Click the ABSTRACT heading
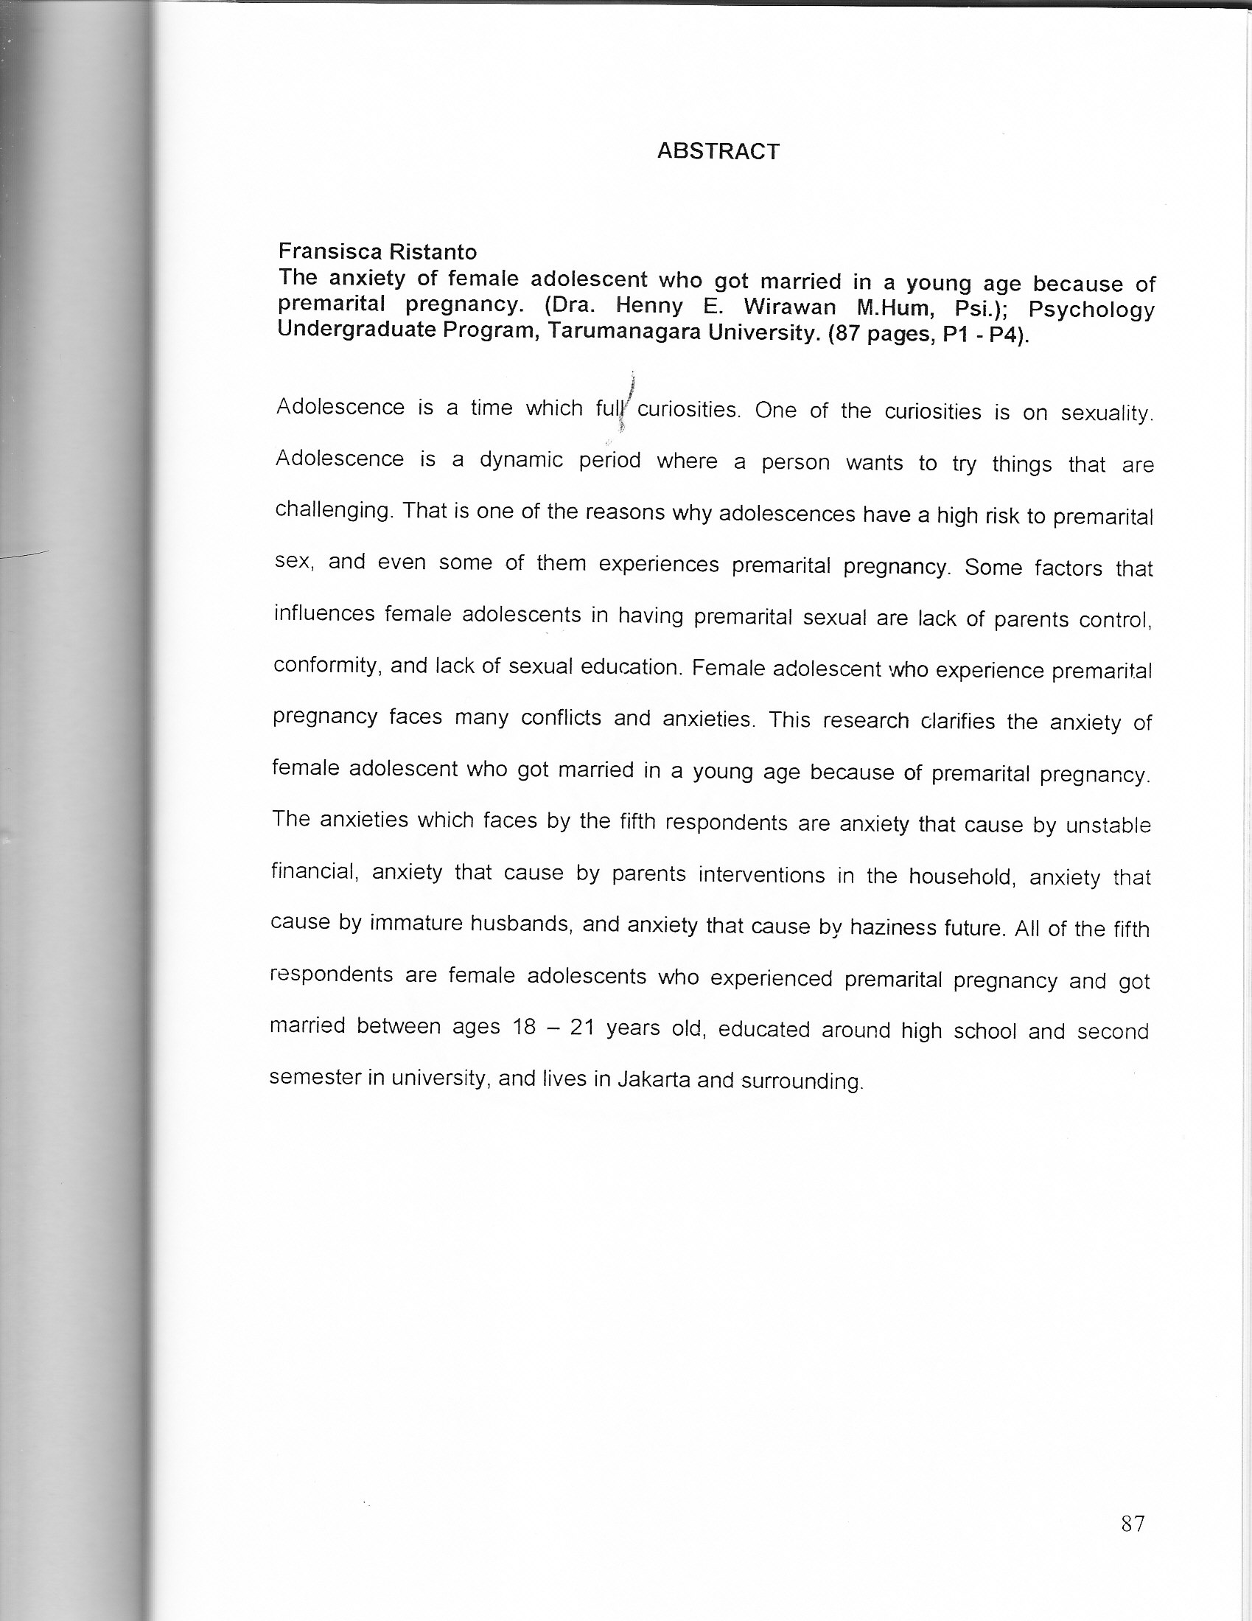point(718,151)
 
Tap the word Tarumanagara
point(622,331)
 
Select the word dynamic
point(521,460)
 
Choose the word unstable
point(1108,826)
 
